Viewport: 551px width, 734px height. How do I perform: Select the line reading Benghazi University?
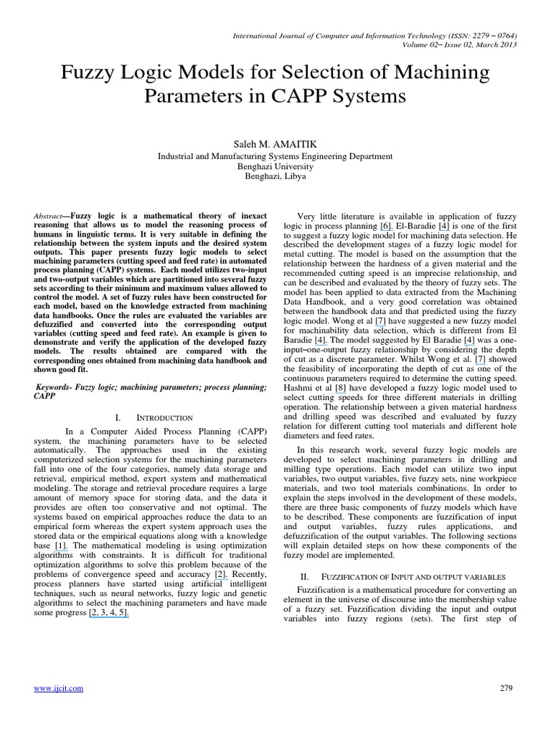[x=275, y=166]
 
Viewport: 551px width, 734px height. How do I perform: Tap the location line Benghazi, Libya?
[x=275, y=176]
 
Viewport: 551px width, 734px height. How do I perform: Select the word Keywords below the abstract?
[x=54, y=387]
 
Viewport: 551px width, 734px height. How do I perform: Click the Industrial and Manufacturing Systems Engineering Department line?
[x=275, y=156]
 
